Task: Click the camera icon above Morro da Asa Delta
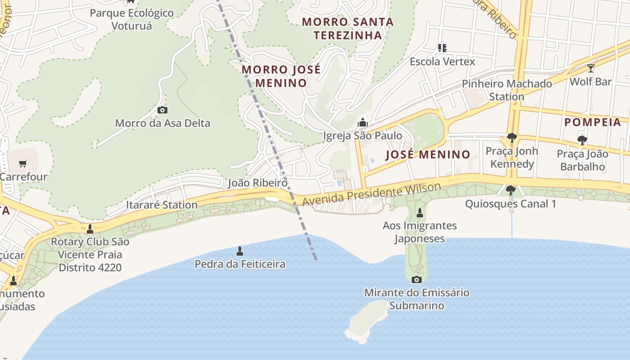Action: (x=162, y=110)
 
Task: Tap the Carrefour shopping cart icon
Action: (x=23, y=163)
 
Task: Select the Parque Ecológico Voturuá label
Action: (x=131, y=19)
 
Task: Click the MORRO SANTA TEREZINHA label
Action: (x=347, y=28)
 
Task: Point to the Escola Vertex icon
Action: (x=442, y=48)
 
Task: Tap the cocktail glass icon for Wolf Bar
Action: (x=591, y=68)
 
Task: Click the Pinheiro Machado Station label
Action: (x=507, y=90)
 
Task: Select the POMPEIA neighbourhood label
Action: (x=593, y=122)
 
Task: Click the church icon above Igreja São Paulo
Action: (x=363, y=122)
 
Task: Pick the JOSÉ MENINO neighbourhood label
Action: (x=428, y=155)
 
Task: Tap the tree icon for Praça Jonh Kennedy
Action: (x=512, y=138)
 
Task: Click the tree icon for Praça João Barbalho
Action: (x=582, y=140)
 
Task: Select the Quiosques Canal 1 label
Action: (x=510, y=204)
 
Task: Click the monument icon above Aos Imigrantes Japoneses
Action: (x=420, y=212)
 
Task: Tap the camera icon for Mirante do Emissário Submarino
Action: (x=417, y=279)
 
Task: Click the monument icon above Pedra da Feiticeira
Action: (x=240, y=251)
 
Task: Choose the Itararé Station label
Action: (x=162, y=205)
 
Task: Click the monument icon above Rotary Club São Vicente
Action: (x=90, y=229)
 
